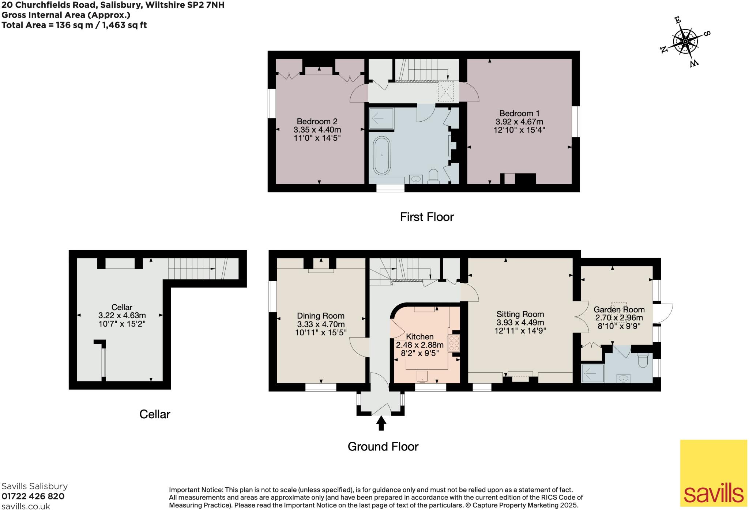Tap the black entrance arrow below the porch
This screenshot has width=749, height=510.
point(381,423)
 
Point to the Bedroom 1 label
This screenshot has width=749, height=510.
point(519,114)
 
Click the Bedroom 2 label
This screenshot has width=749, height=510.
point(317,121)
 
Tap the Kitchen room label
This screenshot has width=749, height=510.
point(419,336)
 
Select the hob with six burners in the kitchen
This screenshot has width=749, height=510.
point(454,343)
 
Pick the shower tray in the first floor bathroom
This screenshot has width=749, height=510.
point(381,119)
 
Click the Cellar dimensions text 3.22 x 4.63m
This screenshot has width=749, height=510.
point(122,315)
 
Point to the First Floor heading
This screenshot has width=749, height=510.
point(426,217)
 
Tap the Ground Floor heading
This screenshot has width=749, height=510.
point(383,446)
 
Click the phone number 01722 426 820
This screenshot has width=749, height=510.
point(33,496)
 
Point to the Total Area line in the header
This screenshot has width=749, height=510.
point(74,25)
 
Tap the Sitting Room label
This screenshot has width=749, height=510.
point(520,314)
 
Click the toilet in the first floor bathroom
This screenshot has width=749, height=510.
point(433,175)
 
